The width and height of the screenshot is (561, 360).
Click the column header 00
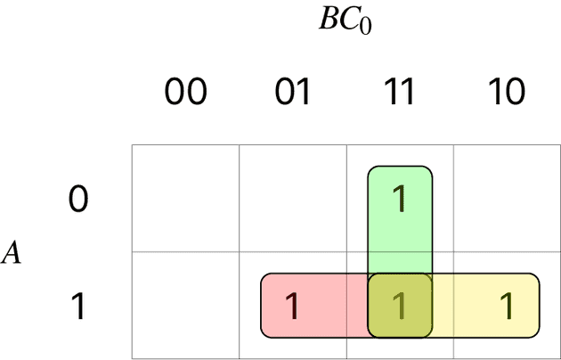tap(185, 92)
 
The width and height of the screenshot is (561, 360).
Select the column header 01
tap(292, 92)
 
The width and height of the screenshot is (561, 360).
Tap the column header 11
tap(400, 92)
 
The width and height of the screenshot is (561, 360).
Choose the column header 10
tap(507, 92)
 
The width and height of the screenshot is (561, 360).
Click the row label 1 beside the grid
tap(79, 307)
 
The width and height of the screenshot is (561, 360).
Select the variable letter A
tap(12, 254)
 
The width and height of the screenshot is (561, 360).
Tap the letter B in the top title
tap(329, 20)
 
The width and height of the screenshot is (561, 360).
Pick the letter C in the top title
tap(346, 20)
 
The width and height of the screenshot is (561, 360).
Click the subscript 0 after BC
tap(364, 25)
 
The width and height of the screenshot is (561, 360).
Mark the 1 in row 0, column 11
tap(400, 200)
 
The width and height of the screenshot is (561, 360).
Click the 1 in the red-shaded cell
tap(292, 307)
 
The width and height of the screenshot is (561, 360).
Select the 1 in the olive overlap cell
tap(400, 307)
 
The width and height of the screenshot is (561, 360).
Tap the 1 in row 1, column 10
tap(507, 307)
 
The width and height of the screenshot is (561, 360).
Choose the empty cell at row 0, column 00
tap(185, 199)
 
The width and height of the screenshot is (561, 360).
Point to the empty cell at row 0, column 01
tap(292, 199)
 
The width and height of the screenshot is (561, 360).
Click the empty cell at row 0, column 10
tap(507, 199)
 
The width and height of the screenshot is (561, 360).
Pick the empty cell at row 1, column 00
tap(185, 307)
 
